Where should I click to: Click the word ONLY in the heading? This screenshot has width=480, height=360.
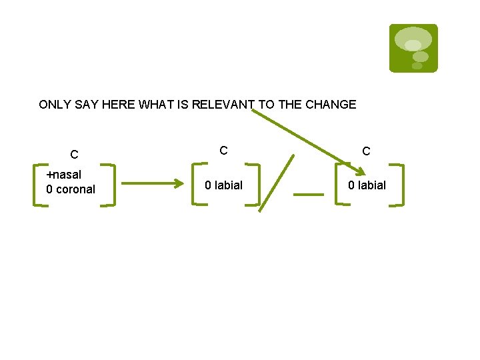coord(53,105)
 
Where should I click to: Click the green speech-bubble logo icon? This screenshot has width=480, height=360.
coord(413,48)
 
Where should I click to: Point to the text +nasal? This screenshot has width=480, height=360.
coord(63,175)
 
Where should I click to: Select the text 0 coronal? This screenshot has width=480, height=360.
coord(71,189)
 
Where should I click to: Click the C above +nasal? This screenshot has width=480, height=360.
coord(75,155)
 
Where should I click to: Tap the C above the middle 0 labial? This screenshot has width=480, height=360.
coord(224,151)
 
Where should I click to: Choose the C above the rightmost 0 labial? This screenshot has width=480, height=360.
coord(366,151)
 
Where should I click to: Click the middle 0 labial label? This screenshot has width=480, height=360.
coord(223,185)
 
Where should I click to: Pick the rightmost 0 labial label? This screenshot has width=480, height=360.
coord(367,185)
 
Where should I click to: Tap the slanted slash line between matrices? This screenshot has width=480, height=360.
coord(276,183)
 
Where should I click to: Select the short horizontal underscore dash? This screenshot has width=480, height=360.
coord(309,195)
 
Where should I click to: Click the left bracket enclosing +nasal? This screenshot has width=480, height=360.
coord(38,184)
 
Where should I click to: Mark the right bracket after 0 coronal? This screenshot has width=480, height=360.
coord(112,185)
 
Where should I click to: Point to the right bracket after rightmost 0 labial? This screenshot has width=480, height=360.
coord(400,185)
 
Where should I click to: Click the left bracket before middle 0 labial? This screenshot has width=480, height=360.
coord(195,184)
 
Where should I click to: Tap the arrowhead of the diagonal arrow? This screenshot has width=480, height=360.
coord(360,172)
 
